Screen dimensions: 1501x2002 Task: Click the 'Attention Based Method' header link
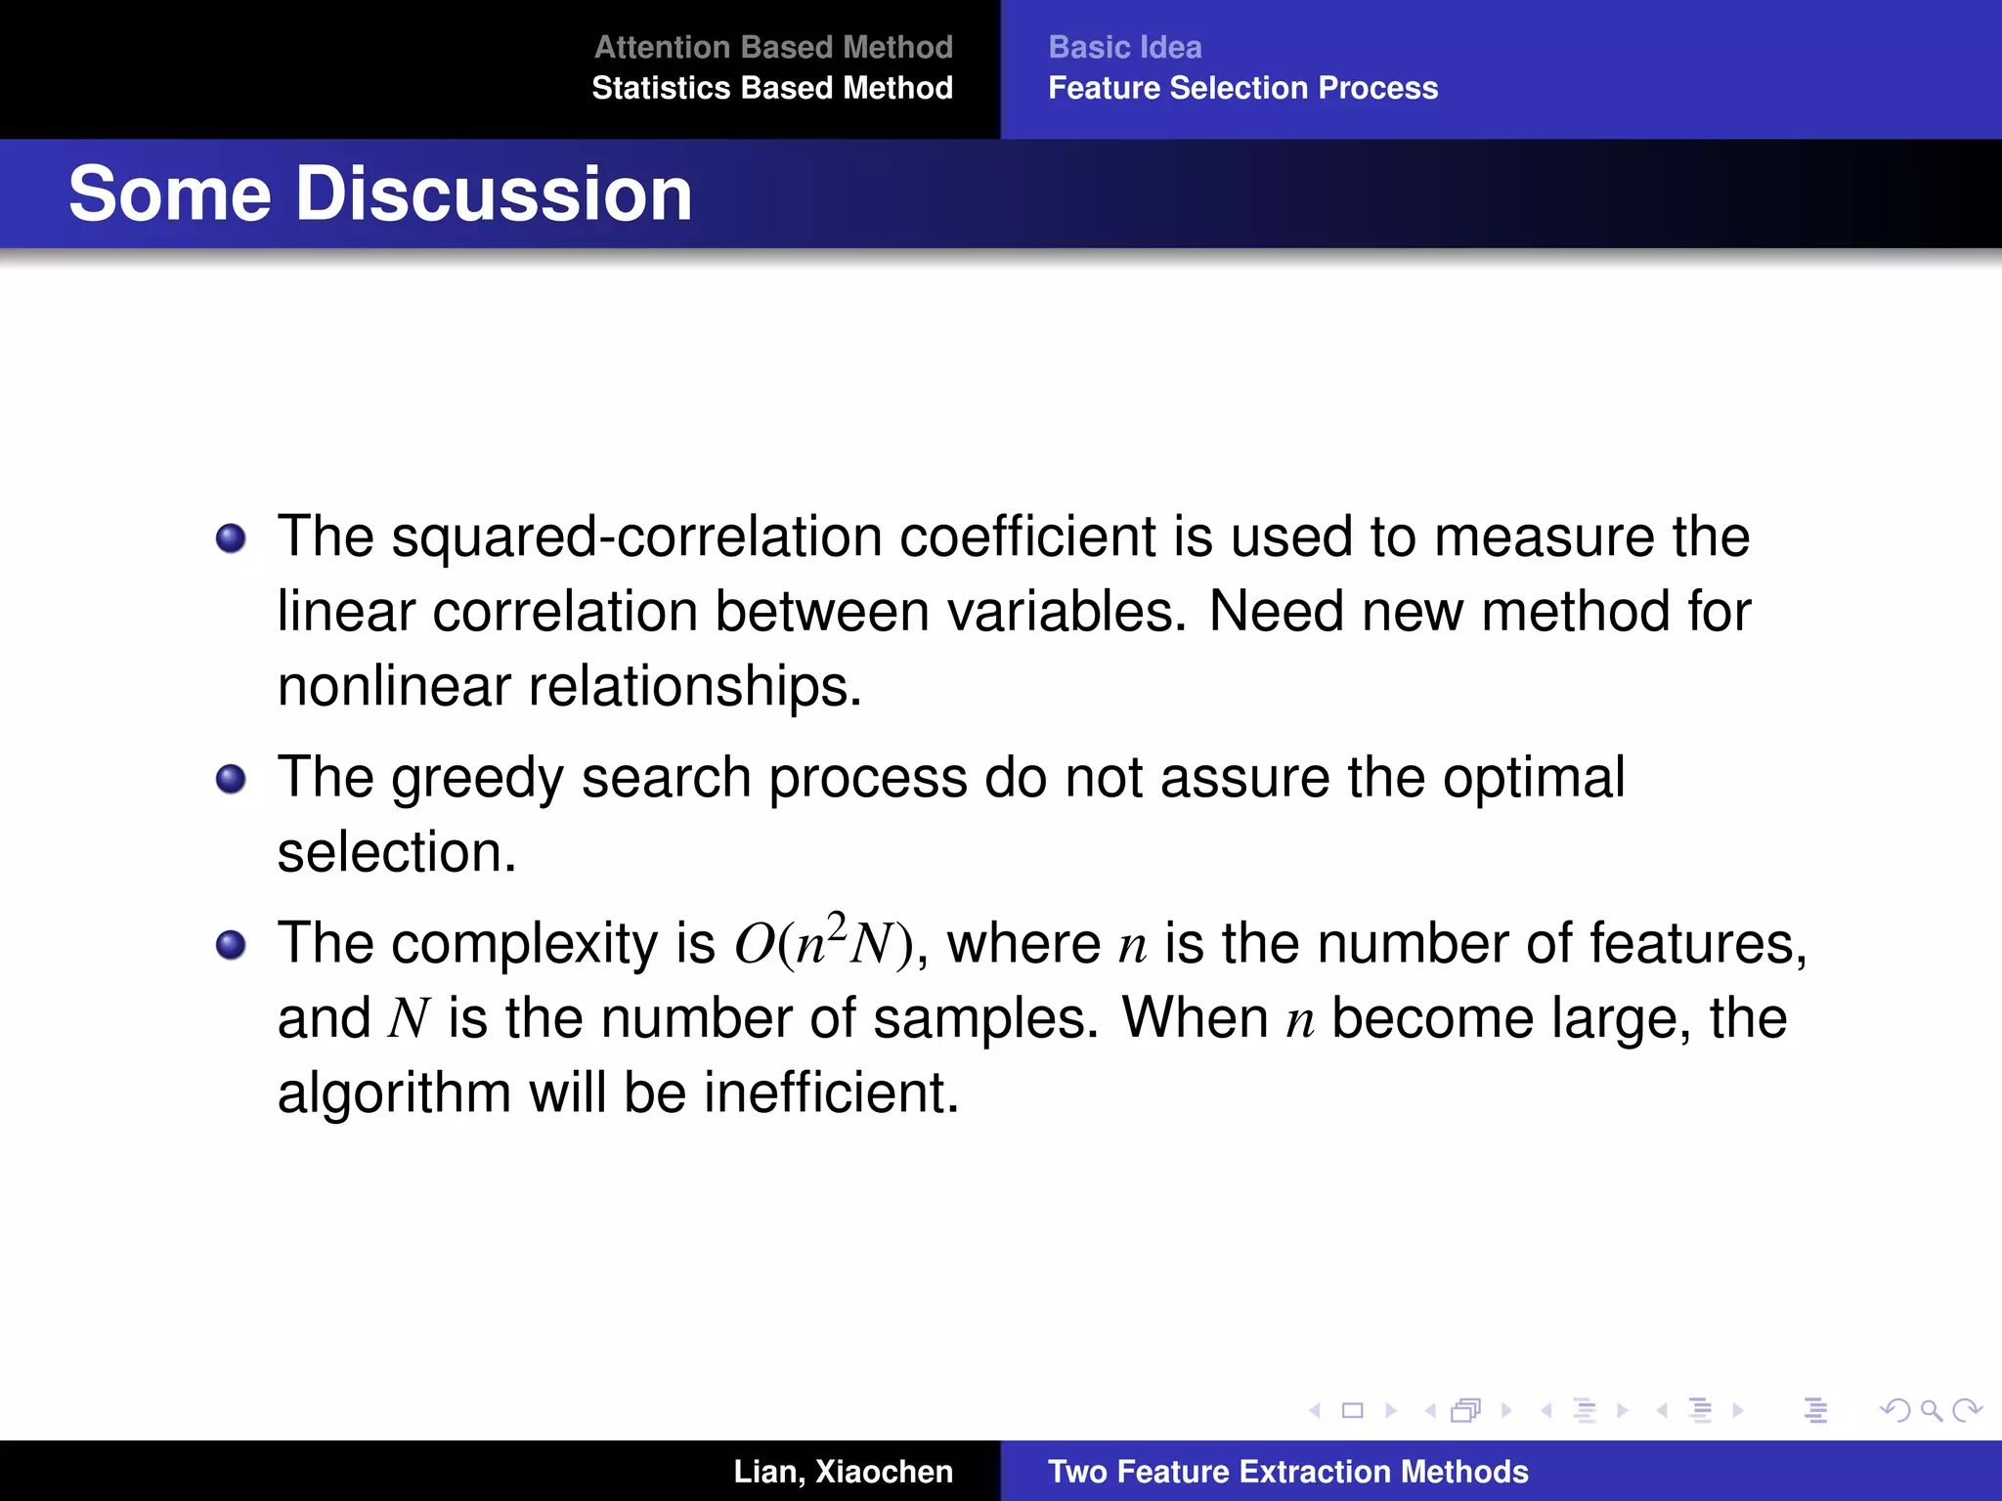coord(773,47)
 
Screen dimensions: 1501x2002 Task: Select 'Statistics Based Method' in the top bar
coord(772,88)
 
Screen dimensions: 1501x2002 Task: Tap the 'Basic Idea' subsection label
coord(1125,47)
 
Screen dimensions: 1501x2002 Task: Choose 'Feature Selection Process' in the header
coord(1242,88)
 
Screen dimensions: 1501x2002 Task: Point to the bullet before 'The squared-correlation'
coord(231,538)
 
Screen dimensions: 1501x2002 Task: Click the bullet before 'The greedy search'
coord(231,779)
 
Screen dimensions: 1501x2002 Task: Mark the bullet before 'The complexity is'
coord(231,945)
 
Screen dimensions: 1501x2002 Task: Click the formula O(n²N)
coord(823,944)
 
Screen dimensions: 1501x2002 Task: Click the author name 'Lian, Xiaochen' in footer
coord(843,1472)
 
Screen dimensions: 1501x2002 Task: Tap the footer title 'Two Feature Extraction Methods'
coord(1287,1472)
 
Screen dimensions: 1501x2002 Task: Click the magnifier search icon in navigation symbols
coord(1931,1410)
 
